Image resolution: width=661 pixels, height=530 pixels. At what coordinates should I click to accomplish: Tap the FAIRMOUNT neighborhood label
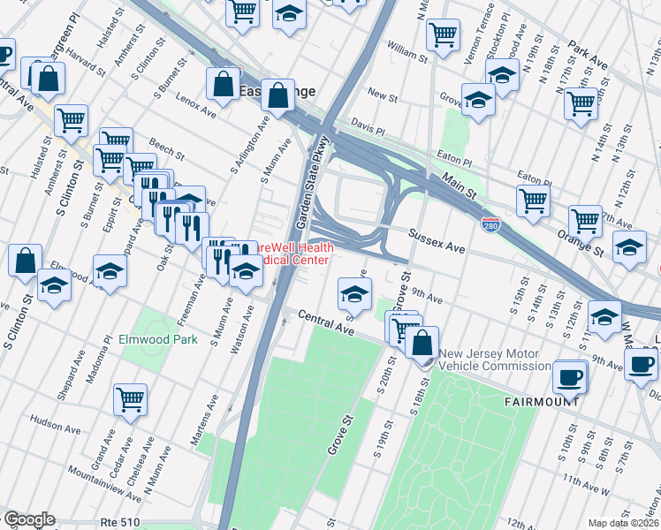pos(541,401)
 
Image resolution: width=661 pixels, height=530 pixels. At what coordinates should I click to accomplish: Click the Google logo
pos(29,520)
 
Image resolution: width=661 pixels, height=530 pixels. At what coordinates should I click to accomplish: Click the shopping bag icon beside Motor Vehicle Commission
pos(423,342)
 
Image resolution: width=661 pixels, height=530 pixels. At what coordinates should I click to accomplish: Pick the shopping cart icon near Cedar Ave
pos(131,399)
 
